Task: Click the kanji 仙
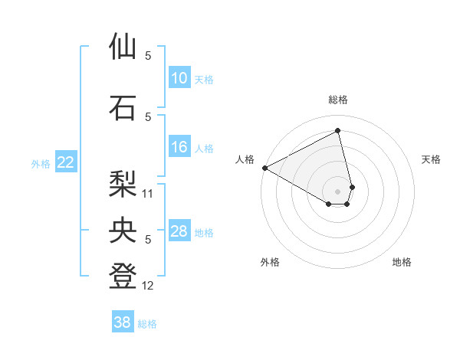click(x=123, y=47)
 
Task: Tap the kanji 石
click(x=123, y=108)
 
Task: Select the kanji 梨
click(x=123, y=184)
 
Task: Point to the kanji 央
click(x=123, y=230)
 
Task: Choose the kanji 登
click(x=123, y=277)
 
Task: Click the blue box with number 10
click(x=179, y=78)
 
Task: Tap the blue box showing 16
click(x=179, y=147)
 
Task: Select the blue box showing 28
click(x=179, y=231)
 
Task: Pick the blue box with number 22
click(x=66, y=162)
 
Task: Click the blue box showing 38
click(x=123, y=322)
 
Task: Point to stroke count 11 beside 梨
click(x=149, y=194)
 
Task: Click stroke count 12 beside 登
click(x=149, y=286)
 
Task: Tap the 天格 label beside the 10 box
click(x=204, y=79)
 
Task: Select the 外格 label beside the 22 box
click(x=41, y=163)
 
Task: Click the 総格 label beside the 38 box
click(x=147, y=324)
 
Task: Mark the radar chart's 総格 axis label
click(x=338, y=100)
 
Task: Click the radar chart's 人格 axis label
click(x=245, y=159)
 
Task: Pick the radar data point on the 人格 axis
click(x=264, y=167)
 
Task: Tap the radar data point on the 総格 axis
click(x=338, y=130)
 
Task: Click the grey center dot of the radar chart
click(x=338, y=190)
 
